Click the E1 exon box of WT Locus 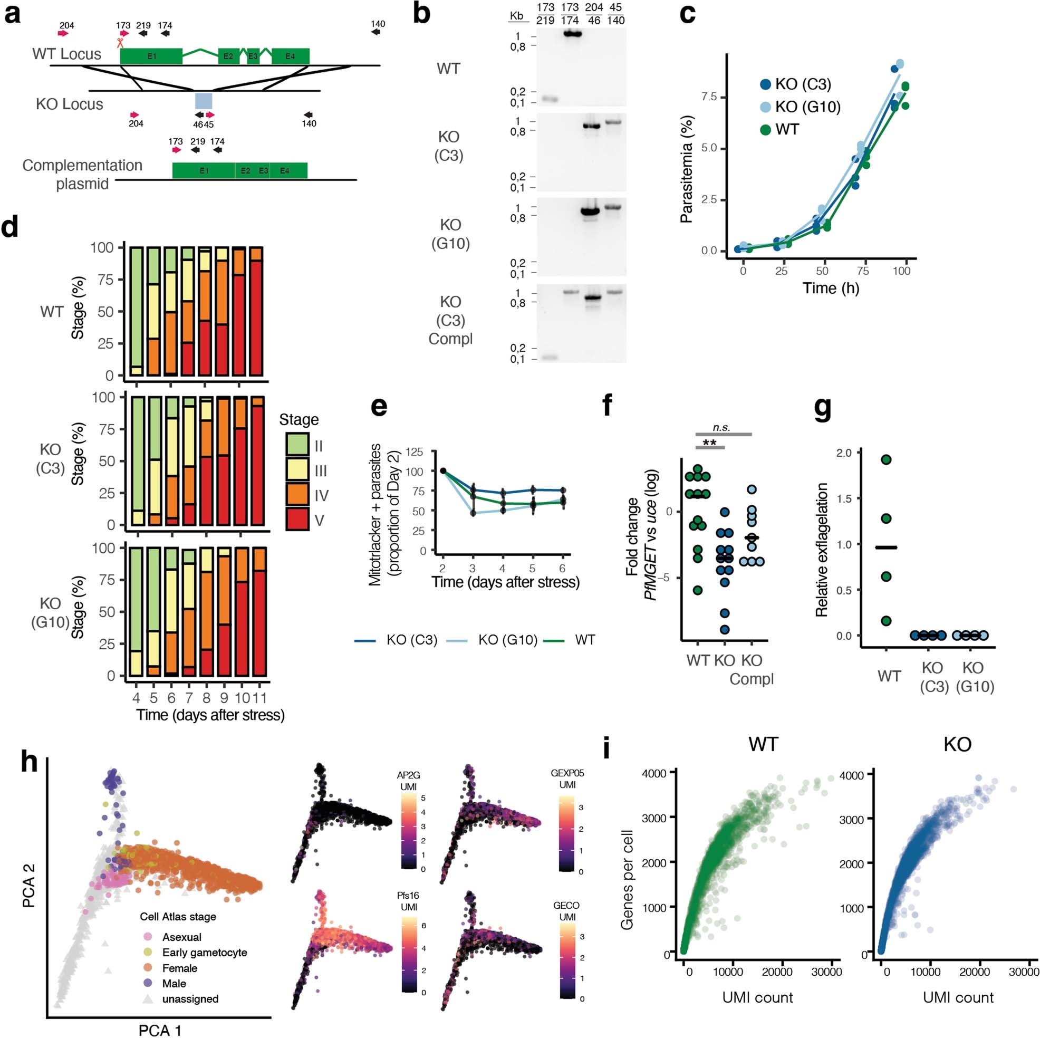(x=151, y=56)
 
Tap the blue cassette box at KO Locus (x=204, y=101)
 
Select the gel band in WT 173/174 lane (x=570, y=34)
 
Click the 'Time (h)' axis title (x=831, y=288)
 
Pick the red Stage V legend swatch (x=296, y=520)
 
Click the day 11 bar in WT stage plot (x=256, y=312)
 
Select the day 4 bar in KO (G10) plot (x=136, y=612)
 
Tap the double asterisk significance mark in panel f (x=709, y=444)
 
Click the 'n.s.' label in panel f (x=721, y=428)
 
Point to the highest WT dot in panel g (x=886, y=459)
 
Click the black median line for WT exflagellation (x=886, y=547)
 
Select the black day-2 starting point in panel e (x=443, y=471)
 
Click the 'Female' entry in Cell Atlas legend (x=179, y=968)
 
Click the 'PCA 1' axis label (x=160, y=1030)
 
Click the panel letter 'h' (x=29, y=762)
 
